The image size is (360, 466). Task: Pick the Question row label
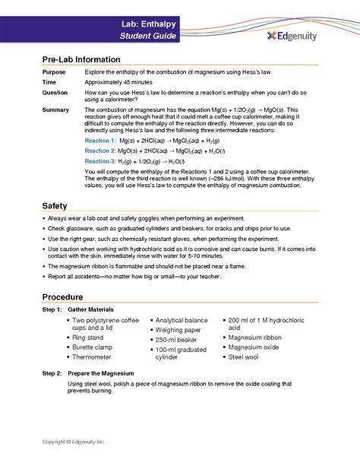point(55,92)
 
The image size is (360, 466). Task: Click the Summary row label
point(56,110)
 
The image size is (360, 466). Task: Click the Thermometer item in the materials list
point(94,357)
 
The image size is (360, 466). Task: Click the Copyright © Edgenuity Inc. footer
point(74,441)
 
